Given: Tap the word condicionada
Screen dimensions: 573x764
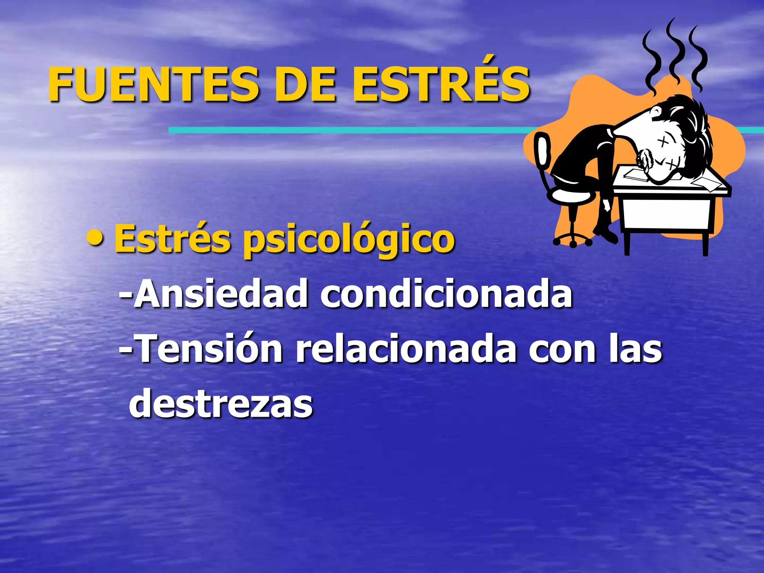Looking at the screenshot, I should point(446,294).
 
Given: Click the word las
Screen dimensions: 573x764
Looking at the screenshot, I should point(636,349).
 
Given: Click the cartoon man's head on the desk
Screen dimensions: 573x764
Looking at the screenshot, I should point(671,149).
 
